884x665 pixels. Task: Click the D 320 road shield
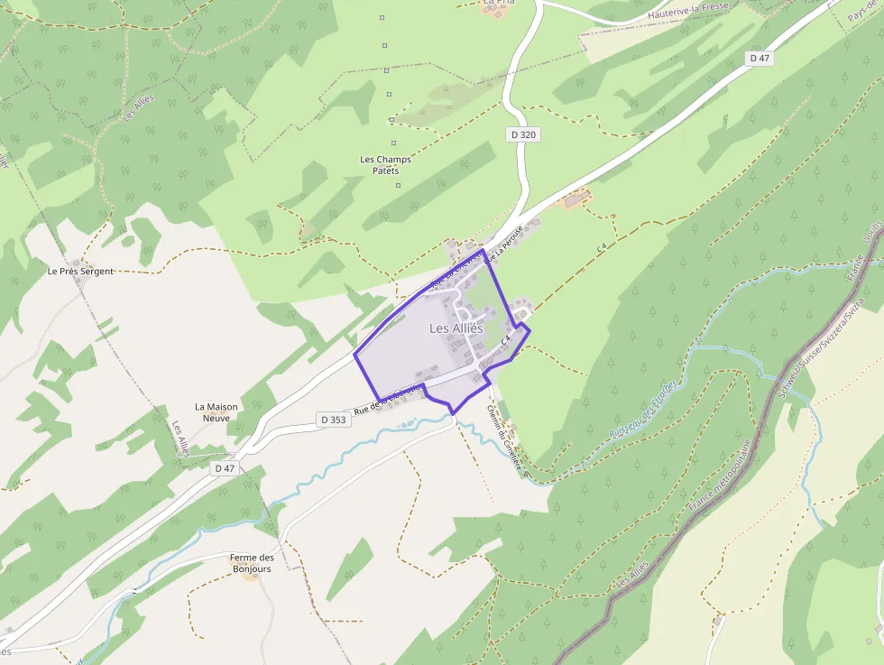[x=522, y=134]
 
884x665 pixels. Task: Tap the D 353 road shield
[x=333, y=420]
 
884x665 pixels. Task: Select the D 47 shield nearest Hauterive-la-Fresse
[x=760, y=58]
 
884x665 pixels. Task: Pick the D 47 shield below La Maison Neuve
[x=225, y=468]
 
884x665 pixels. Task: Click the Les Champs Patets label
[x=385, y=165]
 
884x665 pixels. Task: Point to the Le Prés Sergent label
[x=80, y=271]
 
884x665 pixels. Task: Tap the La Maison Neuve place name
[x=216, y=412]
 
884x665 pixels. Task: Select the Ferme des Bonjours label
[x=253, y=563]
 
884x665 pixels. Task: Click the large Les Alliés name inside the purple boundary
[x=456, y=328]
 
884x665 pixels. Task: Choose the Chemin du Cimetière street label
[x=504, y=438]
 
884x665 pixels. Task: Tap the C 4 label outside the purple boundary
[x=601, y=247]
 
